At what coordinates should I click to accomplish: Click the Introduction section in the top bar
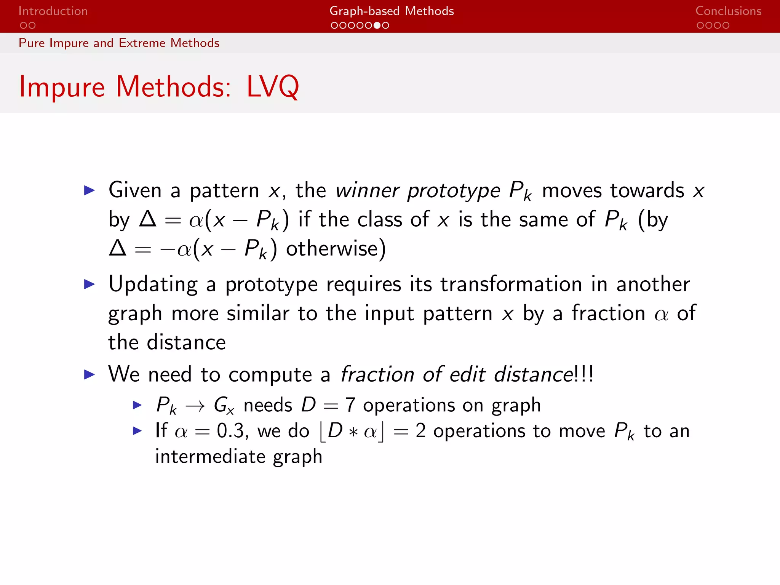click(x=53, y=11)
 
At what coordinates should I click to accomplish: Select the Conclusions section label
click(x=728, y=11)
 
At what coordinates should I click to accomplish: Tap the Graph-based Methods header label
click(x=392, y=11)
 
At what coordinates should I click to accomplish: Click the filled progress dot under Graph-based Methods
click(x=377, y=26)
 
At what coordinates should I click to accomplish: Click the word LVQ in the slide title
click(x=273, y=87)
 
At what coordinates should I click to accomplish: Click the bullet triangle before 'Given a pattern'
click(x=89, y=190)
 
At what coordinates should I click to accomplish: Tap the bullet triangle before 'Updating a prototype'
click(x=89, y=284)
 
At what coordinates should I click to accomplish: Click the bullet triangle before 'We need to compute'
click(x=89, y=374)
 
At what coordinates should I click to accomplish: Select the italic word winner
click(x=368, y=190)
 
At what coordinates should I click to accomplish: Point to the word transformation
click(x=511, y=285)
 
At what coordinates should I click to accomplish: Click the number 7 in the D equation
click(x=350, y=405)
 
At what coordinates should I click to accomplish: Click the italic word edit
click(x=467, y=374)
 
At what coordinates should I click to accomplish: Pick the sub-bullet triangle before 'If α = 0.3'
click(x=137, y=431)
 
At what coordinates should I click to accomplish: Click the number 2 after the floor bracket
click(x=420, y=431)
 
